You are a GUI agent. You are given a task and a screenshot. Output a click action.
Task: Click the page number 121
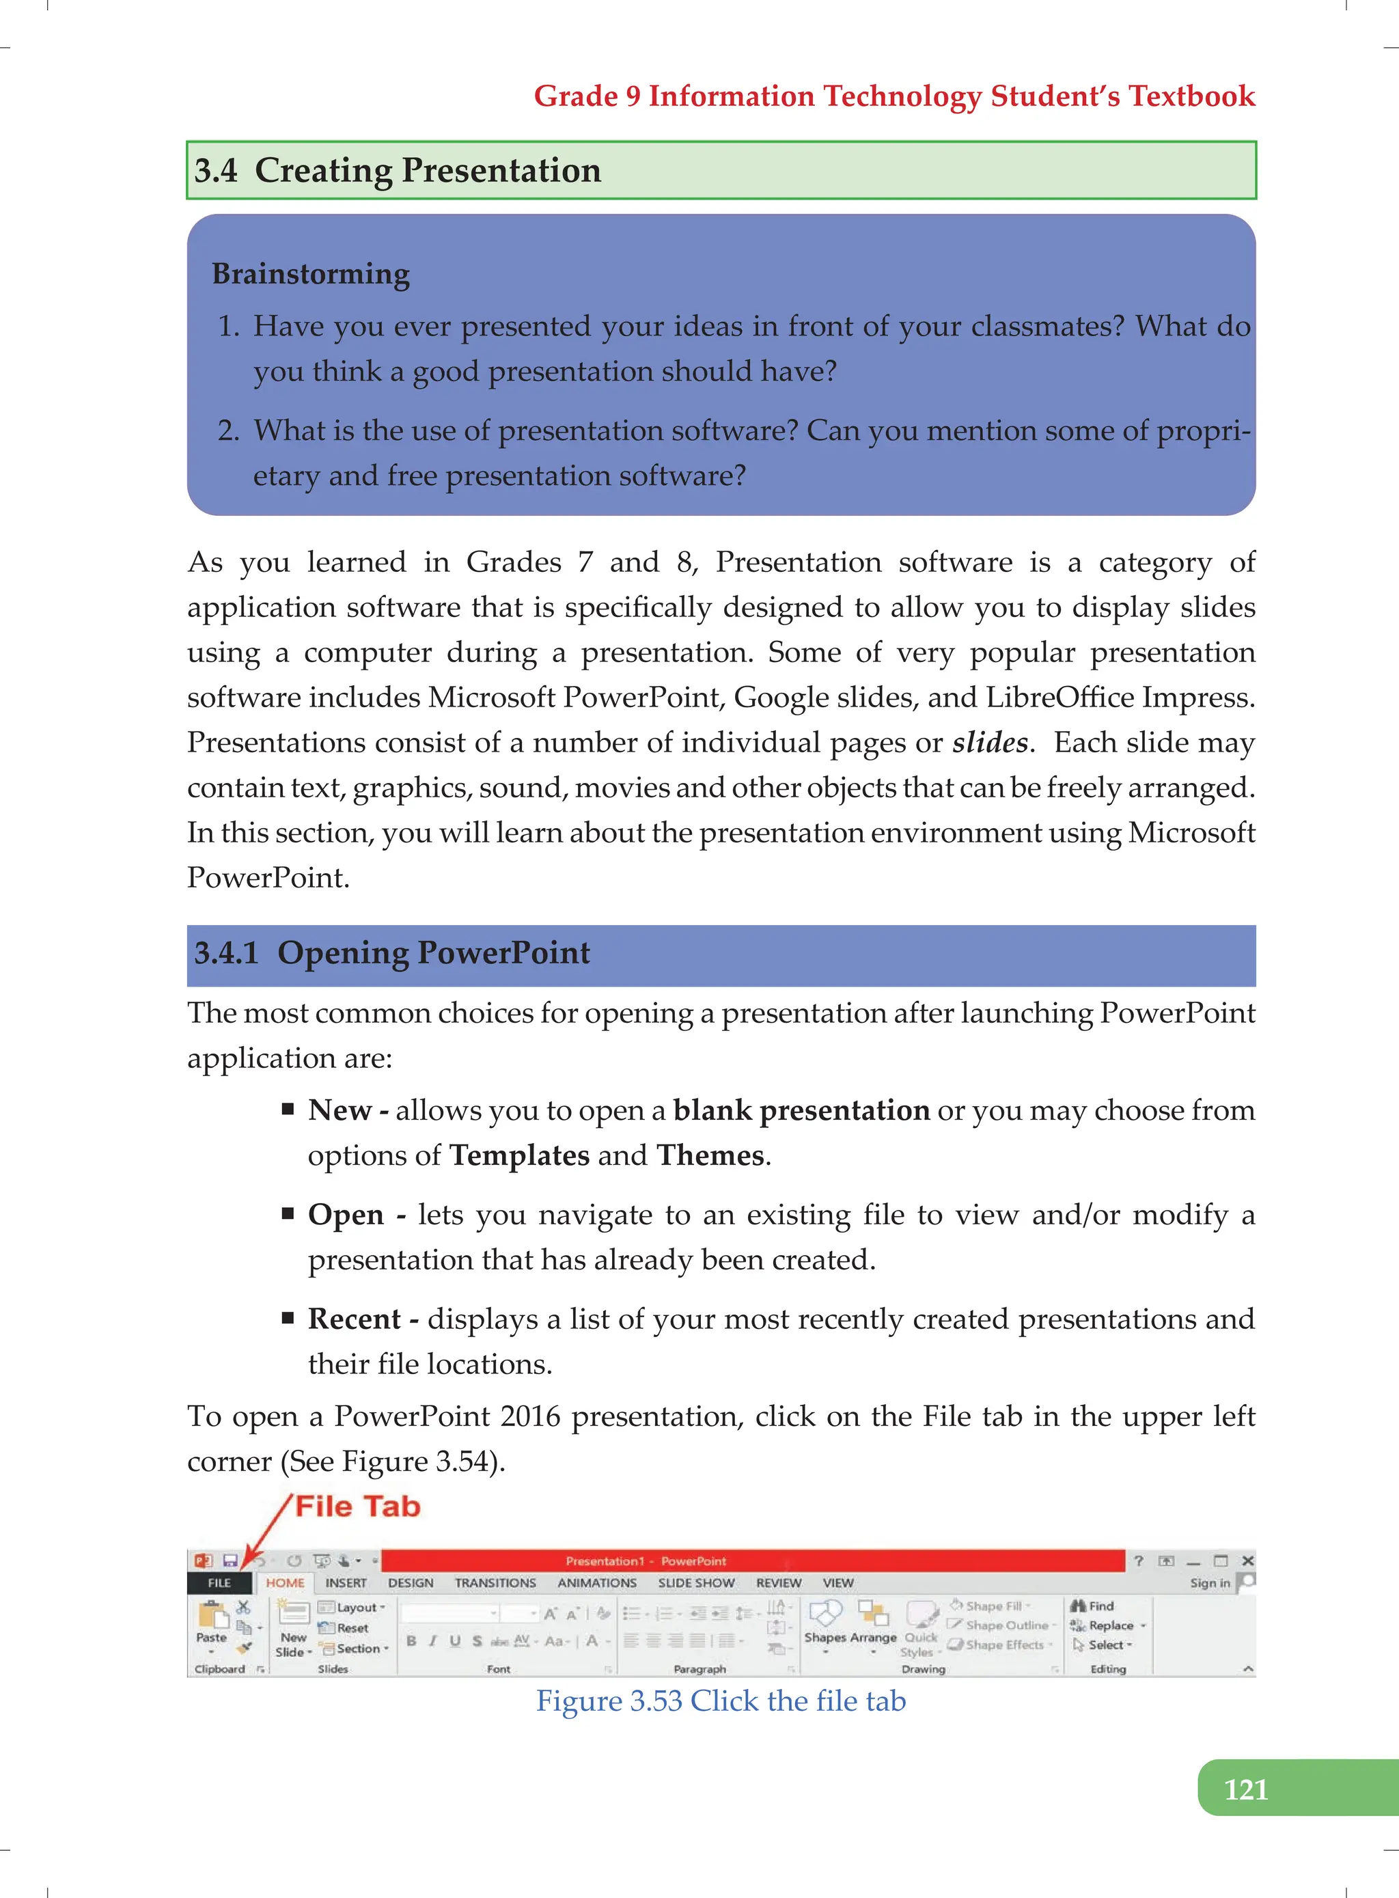pyautogui.click(x=1246, y=1789)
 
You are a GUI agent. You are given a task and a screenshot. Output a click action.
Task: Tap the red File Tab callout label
pyautogui.click(x=357, y=1506)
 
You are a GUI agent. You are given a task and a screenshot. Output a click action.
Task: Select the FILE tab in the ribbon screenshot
pyautogui.click(x=219, y=1582)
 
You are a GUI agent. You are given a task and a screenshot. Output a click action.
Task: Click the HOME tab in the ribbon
pyautogui.click(x=286, y=1582)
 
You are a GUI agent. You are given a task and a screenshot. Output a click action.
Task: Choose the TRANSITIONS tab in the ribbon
pyautogui.click(x=495, y=1582)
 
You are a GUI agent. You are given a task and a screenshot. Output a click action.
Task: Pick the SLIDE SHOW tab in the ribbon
pyautogui.click(x=696, y=1582)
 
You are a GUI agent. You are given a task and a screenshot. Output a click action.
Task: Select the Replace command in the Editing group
pyautogui.click(x=1110, y=1625)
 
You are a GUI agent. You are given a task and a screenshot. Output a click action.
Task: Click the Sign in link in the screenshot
pyautogui.click(x=1209, y=1583)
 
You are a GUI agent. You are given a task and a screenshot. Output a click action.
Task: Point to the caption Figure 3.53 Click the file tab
pyautogui.click(x=721, y=1701)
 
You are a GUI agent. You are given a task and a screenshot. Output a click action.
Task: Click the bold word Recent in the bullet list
pyautogui.click(x=354, y=1319)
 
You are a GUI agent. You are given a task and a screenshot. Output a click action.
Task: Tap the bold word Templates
pyautogui.click(x=519, y=1155)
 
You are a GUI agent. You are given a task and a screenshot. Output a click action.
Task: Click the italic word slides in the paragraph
pyautogui.click(x=990, y=743)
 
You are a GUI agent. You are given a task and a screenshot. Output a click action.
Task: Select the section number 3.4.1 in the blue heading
pyautogui.click(x=226, y=953)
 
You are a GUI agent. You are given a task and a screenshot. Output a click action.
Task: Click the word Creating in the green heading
pyautogui.click(x=322, y=170)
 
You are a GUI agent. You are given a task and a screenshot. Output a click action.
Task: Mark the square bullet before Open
pyautogui.click(x=288, y=1213)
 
